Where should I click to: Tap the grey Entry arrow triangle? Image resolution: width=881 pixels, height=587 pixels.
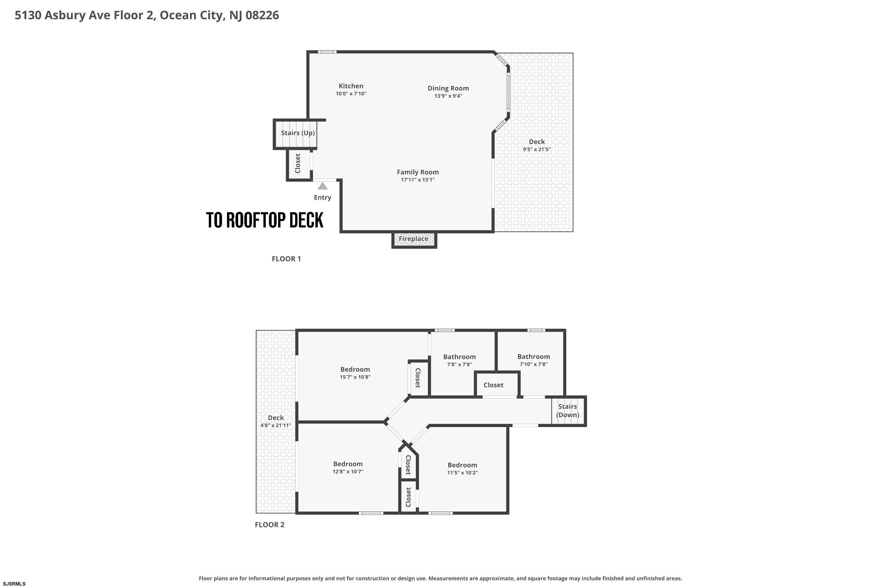[x=322, y=186]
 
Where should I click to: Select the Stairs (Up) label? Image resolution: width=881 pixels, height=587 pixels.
[x=298, y=133]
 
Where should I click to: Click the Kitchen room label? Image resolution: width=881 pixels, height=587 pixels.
[x=351, y=86]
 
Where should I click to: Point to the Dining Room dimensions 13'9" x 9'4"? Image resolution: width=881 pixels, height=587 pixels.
[x=448, y=96]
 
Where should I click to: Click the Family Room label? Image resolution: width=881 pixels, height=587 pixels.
[x=418, y=172]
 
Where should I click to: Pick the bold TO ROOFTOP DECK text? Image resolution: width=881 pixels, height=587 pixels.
[x=265, y=220]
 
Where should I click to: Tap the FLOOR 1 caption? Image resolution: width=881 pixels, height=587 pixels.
[x=286, y=259]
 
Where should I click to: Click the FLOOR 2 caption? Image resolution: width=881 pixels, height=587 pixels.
[x=270, y=524]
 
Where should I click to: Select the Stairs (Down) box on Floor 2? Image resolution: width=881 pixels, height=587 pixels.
[x=569, y=411]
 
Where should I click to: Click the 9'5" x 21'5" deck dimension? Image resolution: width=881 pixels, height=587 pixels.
[x=537, y=149]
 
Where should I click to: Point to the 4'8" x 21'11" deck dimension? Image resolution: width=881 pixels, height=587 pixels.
[x=276, y=425]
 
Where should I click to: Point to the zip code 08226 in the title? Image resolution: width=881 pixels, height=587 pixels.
[x=262, y=15]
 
